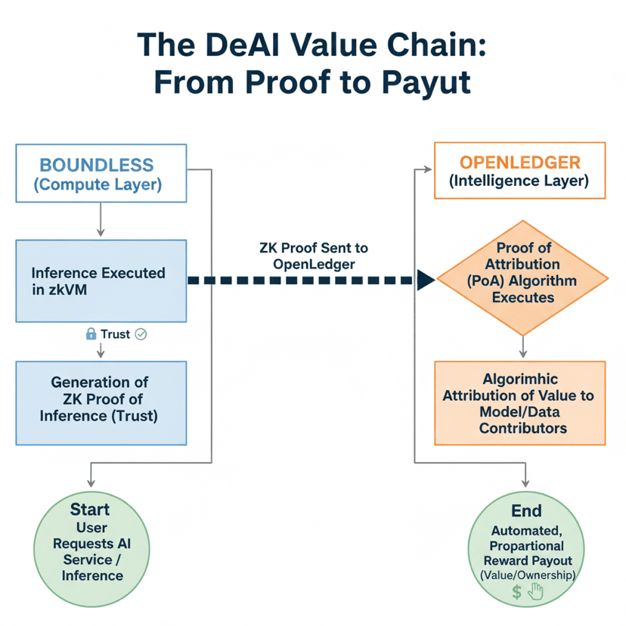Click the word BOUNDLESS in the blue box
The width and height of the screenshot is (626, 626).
coord(96,165)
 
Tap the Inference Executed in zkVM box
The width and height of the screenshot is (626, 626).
coord(101,280)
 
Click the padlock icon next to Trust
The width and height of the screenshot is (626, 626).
coord(91,333)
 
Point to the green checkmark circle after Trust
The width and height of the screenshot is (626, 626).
coord(140,333)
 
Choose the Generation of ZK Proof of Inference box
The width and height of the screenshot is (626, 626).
coord(101,402)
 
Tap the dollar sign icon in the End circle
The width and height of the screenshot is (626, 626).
coord(516,592)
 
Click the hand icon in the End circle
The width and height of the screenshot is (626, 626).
coord(535,592)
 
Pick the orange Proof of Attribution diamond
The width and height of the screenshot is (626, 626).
coord(522,280)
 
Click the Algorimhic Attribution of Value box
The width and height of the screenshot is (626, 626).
coord(519,402)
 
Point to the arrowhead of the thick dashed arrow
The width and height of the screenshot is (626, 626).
coord(425,280)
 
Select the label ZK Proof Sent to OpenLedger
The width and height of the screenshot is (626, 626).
coord(313,255)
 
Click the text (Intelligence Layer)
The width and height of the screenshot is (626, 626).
coord(519,181)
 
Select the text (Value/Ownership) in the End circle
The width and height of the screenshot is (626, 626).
coord(528,575)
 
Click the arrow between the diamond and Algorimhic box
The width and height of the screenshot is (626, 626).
coord(522,346)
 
